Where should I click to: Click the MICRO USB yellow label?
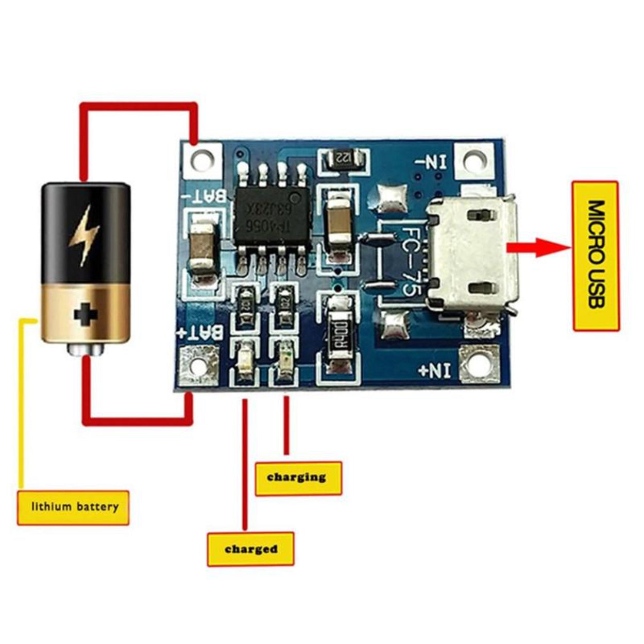coord(596,256)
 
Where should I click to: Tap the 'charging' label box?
coord(298,478)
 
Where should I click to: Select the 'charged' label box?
coord(250,549)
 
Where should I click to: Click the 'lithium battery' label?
coord(73,507)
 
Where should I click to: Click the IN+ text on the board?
coord(436,370)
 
